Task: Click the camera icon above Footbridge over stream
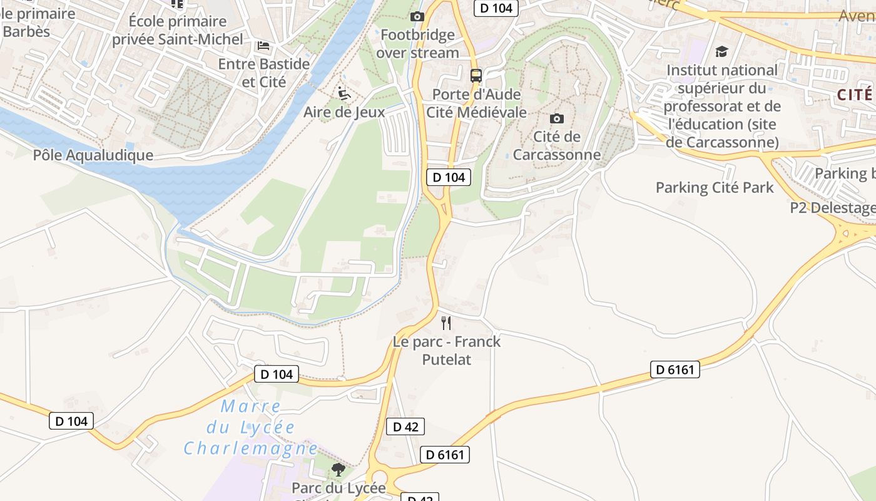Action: click(417, 17)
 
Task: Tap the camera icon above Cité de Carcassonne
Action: click(556, 119)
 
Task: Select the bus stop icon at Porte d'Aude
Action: click(476, 76)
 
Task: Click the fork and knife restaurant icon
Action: click(446, 323)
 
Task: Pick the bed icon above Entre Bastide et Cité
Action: click(263, 46)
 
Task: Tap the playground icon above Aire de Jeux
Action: click(344, 93)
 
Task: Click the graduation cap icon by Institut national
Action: click(721, 52)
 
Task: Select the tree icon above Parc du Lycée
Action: click(339, 469)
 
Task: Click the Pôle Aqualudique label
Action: click(93, 155)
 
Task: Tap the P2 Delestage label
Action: click(832, 208)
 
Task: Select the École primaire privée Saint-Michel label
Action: click(178, 30)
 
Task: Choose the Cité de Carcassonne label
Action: click(557, 145)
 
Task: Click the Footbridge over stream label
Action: click(417, 44)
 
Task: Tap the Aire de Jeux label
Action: click(344, 112)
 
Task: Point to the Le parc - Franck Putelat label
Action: click(447, 350)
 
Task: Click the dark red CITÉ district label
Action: click(854, 95)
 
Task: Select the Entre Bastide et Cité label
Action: click(263, 73)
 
